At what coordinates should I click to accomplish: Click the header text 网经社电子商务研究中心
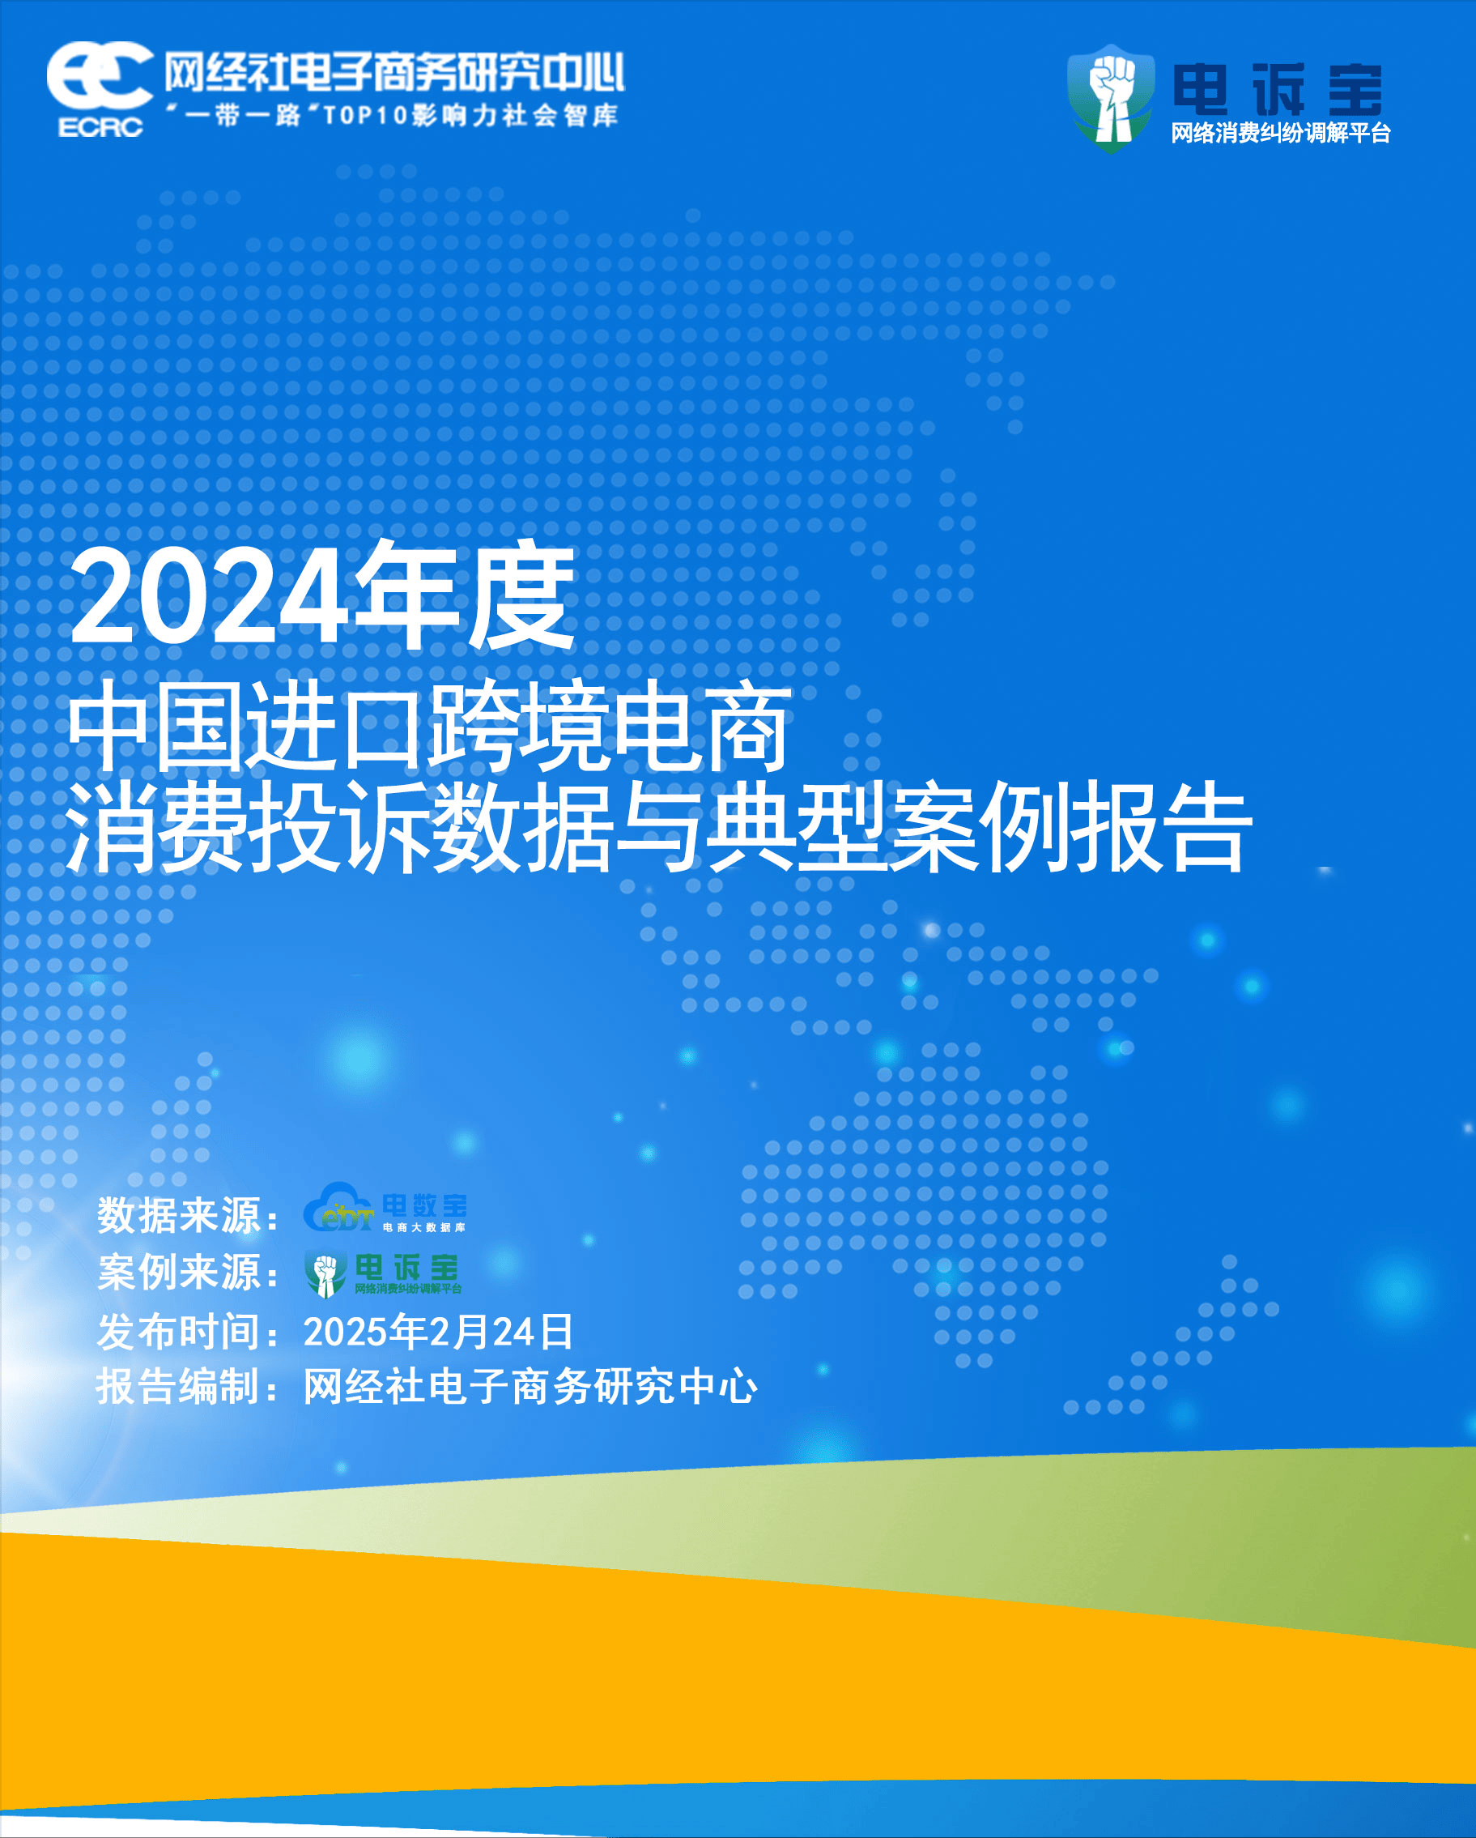click(x=394, y=71)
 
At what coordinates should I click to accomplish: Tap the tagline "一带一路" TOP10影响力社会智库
click(x=392, y=115)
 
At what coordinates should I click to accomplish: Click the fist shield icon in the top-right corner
click(x=1112, y=98)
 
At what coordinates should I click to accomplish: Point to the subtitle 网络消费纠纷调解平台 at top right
click(x=1281, y=133)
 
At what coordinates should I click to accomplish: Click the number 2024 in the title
click(x=210, y=597)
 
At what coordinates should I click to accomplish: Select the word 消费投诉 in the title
click(x=248, y=826)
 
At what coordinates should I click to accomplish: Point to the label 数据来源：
click(x=189, y=1215)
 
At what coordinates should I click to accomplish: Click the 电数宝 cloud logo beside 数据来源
click(x=385, y=1207)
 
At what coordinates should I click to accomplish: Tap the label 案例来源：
click(x=189, y=1272)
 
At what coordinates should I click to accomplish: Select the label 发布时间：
click(x=189, y=1332)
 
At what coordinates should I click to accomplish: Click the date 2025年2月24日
click(x=439, y=1332)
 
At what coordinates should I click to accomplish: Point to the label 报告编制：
click(x=189, y=1386)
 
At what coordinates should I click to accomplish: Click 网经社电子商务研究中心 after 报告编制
click(x=530, y=1386)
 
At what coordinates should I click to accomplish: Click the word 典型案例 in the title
click(x=888, y=826)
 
